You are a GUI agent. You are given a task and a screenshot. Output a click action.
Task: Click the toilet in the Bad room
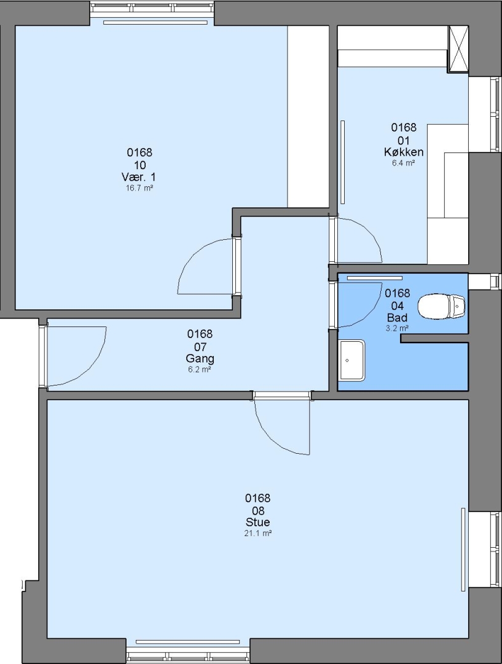(441, 306)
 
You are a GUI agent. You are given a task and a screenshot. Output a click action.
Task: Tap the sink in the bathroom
(351, 360)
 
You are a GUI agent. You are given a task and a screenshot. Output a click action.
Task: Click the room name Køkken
(403, 152)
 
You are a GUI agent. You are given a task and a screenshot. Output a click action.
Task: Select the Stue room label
(257, 522)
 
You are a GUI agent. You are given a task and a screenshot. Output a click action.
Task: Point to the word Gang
(200, 358)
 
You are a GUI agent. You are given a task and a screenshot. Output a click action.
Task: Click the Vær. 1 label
(138, 177)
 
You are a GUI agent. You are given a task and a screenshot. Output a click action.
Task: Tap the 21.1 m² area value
(257, 533)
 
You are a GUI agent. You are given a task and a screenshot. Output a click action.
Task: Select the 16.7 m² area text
(139, 188)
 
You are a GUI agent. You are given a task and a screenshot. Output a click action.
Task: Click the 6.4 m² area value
(403, 163)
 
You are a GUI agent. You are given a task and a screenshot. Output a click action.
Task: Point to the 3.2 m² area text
(397, 328)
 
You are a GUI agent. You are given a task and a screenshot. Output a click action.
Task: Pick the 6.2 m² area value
(199, 370)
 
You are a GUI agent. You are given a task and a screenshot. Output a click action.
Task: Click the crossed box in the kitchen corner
(458, 49)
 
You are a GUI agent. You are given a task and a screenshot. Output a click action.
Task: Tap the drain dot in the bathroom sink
(347, 361)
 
